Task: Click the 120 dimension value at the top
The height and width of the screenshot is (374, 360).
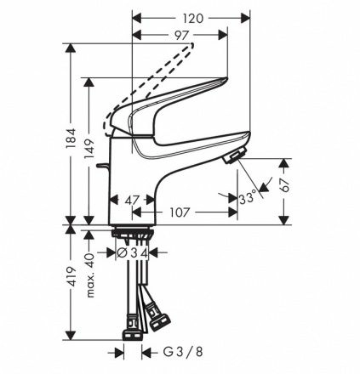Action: click(193, 19)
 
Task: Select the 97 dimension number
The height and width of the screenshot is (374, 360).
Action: click(182, 36)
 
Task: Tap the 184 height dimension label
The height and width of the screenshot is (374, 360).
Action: click(71, 138)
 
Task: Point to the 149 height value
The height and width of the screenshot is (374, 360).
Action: click(89, 149)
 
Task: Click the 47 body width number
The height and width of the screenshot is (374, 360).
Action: click(132, 201)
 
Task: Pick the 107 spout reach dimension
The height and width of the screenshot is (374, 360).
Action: click(180, 212)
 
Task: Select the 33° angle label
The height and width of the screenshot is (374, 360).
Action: click(248, 198)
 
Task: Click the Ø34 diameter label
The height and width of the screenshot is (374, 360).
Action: click(133, 252)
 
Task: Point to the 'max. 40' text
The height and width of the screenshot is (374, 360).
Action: click(90, 275)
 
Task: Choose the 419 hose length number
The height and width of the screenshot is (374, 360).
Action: click(71, 276)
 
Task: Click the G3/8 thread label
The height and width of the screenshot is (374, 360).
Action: click(183, 352)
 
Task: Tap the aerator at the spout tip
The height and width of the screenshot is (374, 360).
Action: click(234, 156)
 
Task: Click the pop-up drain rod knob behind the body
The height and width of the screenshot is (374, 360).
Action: click(102, 165)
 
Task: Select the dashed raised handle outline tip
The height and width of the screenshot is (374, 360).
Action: click(192, 44)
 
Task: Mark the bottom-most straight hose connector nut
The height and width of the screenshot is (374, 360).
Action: click(132, 335)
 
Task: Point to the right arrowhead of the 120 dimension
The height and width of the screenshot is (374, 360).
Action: click(246, 19)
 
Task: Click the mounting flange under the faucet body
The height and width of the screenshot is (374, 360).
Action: click(133, 233)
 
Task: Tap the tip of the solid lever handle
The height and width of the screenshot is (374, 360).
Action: click(226, 79)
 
